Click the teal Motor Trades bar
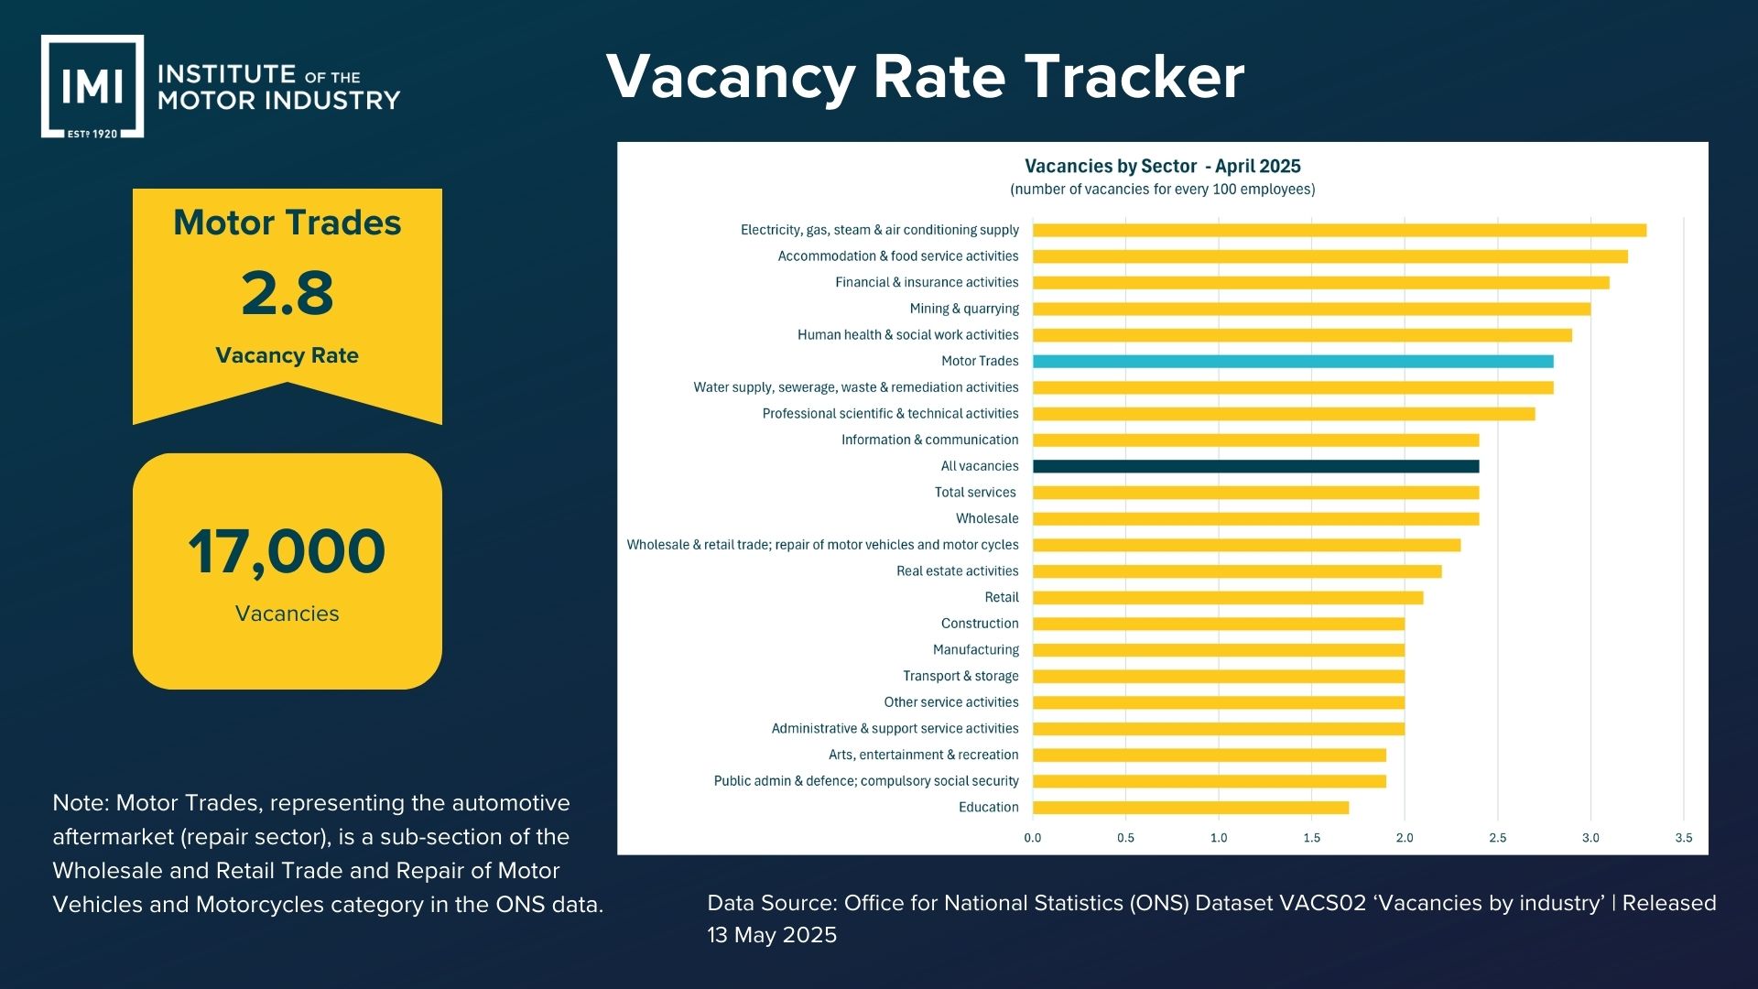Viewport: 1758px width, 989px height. coord(1292,361)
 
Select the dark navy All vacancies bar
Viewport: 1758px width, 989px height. coord(1255,466)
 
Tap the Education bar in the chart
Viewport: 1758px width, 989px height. coord(1190,808)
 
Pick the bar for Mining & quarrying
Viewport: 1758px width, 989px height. coord(1311,309)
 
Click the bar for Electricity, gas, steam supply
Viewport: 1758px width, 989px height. coord(1339,230)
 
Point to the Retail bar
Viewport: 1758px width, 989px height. coord(1227,598)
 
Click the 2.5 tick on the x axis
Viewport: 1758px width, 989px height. coord(1497,838)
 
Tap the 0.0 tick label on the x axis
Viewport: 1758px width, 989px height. coord(1032,838)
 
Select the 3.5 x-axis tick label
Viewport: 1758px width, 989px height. coord(1683,838)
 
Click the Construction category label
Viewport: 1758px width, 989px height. coord(979,624)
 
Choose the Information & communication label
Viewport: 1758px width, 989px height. coord(929,440)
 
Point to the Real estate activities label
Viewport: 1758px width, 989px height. coord(957,571)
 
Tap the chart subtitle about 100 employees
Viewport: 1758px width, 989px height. coord(1162,190)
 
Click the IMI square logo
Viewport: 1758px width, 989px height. coord(92,87)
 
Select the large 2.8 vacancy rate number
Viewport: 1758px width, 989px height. coord(288,294)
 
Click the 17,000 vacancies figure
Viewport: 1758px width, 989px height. coord(287,551)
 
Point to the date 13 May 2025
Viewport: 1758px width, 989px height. coord(772,935)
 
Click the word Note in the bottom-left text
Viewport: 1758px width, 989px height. coord(77,803)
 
